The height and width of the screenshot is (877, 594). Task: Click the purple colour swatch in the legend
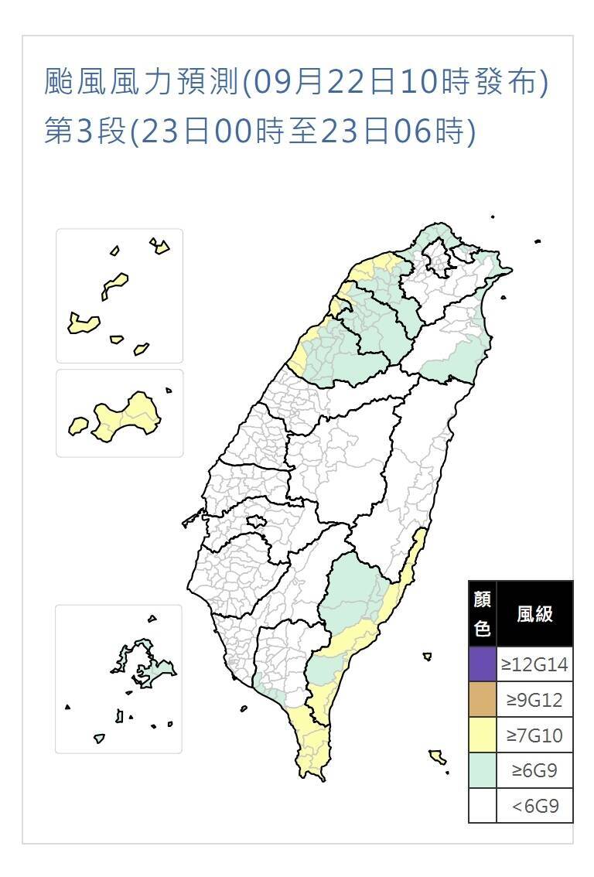coord(483,664)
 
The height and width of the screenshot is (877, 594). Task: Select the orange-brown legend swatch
coord(483,699)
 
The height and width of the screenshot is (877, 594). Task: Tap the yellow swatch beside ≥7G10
coord(483,735)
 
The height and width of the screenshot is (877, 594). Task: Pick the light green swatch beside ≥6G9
coord(483,770)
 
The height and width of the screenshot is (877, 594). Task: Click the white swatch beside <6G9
coord(483,806)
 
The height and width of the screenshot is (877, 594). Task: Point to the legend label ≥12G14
coord(534,664)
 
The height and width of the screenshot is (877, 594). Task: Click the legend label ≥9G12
coord(534,699)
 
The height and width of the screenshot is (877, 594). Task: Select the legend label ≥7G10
coord(534,735)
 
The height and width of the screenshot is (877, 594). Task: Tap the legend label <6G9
coord(534,806)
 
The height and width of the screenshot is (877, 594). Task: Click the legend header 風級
coord(534,614)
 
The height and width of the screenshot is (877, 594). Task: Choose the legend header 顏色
coord(483,614)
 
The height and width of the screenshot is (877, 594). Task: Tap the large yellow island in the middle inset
coord(128,418)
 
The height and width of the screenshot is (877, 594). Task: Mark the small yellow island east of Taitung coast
coord(427,657)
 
